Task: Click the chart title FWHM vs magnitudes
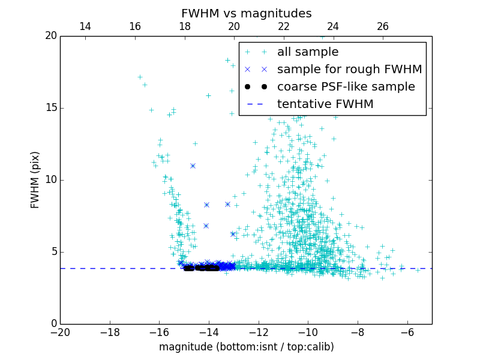(246, 13)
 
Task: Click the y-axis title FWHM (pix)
(35, 180)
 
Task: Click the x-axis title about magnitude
(246, 347)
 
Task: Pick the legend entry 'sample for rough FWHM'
(349, 70)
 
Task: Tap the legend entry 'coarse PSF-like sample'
(346, 87)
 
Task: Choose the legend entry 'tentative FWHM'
(325, 104)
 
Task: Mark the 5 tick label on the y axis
(52, 252)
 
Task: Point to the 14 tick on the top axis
(85, 26)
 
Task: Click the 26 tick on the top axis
(383, 26)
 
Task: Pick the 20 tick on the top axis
(234, 26)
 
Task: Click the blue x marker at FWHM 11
(193, 166)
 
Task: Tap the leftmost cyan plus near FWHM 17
(140, 77)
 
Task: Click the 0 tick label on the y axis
(52, 324)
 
